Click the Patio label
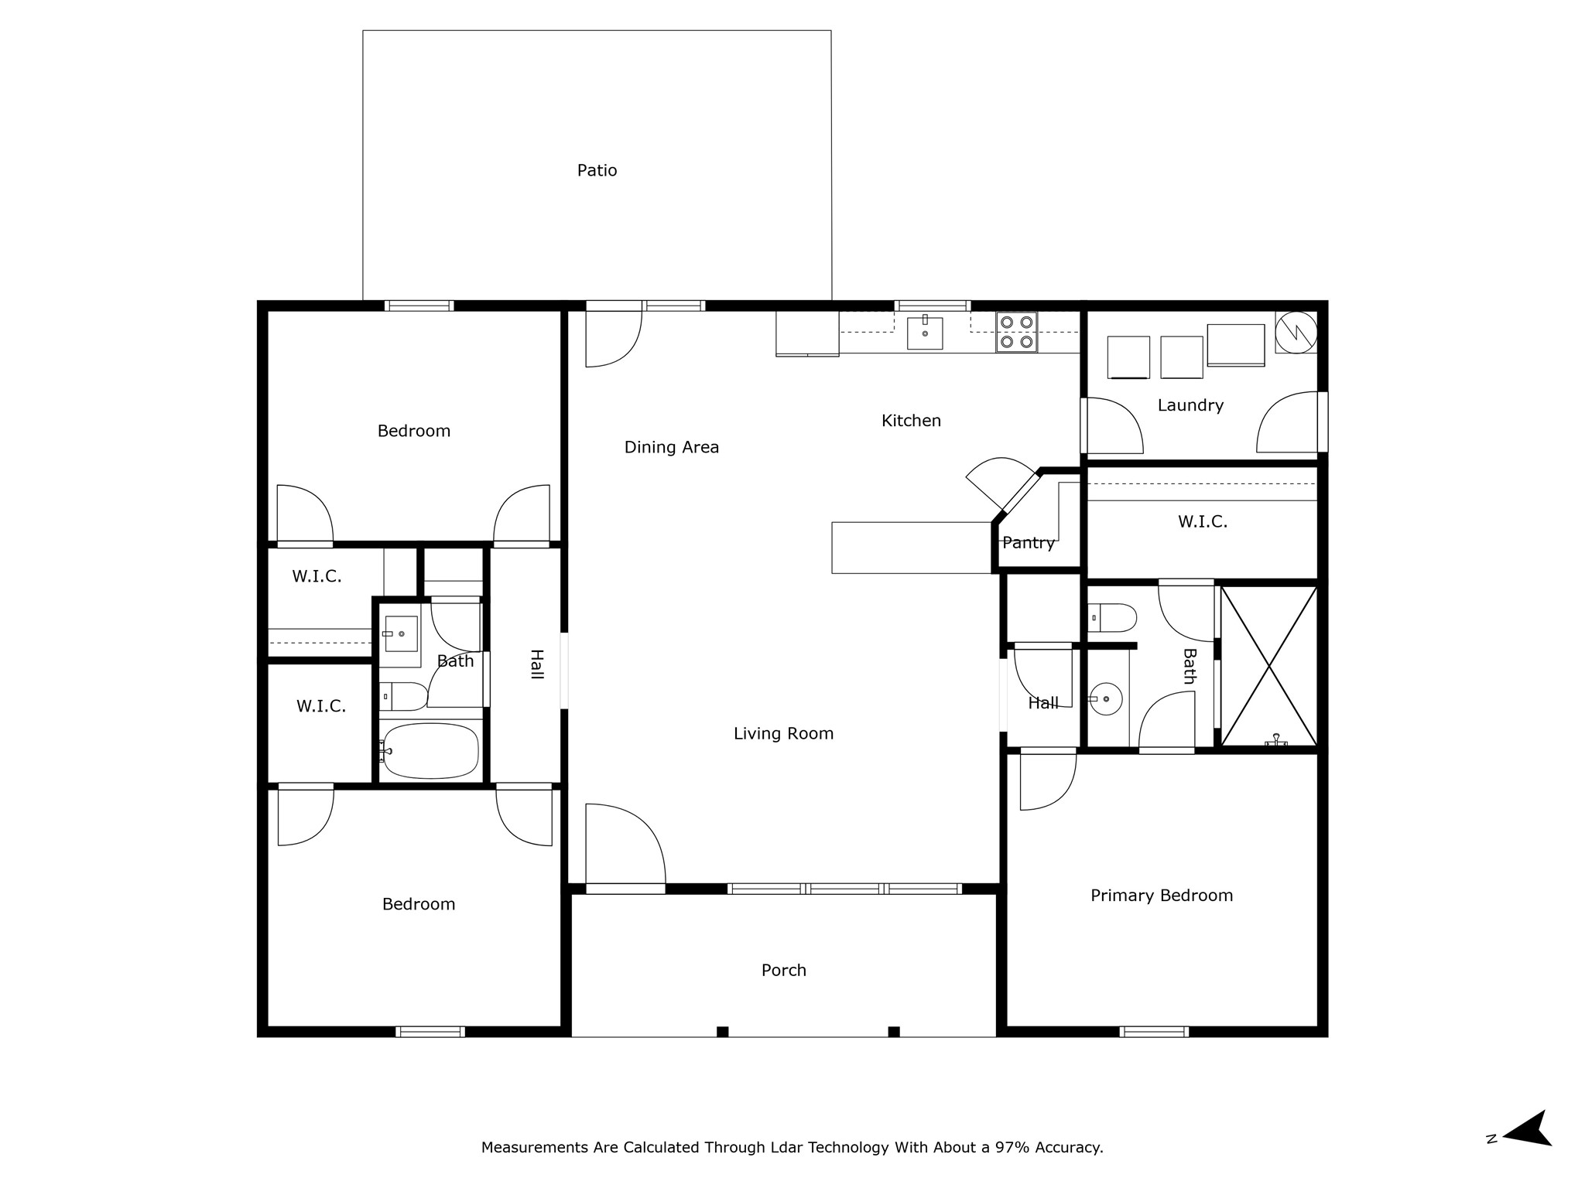coord(597,170)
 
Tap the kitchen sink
coord(925,333)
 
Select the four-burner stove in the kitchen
coord(1016,333)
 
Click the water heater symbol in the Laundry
coord(1296,332)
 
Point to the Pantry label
coord(1029,543)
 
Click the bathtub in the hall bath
coord(430,750)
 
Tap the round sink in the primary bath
coord(1106,698)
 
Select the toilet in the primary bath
coord(1112,618)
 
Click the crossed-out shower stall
coord(1268,665)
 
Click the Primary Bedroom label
coord(1162,896)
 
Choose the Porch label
coord(784,970)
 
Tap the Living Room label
coord(784,733)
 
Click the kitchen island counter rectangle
coord(912,548)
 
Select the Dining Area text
coord(672,447)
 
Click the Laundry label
coord(1190,405)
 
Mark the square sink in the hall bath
coord(401,634)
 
